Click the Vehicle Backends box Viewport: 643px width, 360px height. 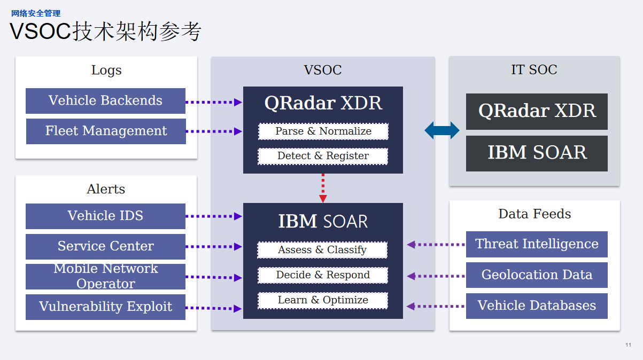105,101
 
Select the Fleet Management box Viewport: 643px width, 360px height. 106,131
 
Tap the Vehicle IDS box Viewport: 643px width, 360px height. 105,216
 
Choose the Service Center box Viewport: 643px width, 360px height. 105,247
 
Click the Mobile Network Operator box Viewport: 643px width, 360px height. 105,277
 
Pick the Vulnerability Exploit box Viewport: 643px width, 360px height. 105,307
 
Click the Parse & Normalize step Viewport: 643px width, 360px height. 323,131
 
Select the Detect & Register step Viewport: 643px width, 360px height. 323,156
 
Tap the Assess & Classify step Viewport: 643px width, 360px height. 322,250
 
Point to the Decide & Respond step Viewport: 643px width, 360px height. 323,275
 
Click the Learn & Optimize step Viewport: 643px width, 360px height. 323,300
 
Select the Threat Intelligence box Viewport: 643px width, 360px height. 537,244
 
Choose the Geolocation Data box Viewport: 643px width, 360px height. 537,275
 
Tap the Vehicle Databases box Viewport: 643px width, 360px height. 537,306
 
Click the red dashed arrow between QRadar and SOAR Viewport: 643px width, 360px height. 323,187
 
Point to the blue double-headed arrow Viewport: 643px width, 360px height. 442,130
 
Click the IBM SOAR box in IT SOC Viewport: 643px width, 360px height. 537,153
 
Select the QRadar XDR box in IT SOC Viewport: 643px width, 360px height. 537,111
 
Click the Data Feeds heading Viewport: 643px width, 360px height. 534,214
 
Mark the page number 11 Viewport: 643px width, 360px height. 628,345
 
